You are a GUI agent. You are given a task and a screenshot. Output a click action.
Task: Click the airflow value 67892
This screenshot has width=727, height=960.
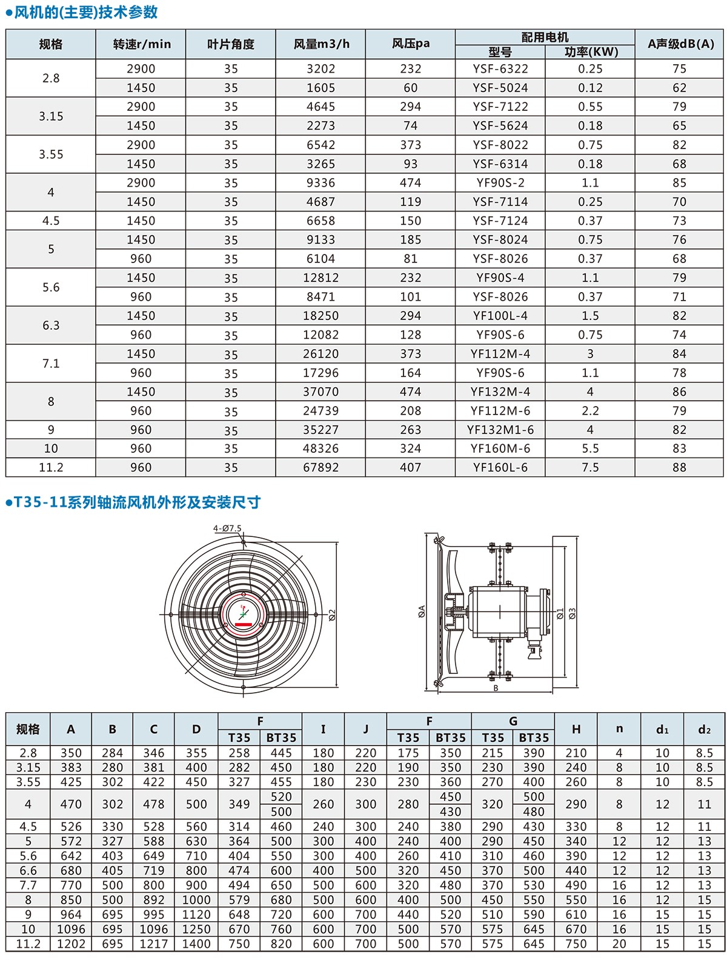coord(320,467)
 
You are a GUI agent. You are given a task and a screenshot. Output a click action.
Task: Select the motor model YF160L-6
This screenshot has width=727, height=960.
coord(500,467)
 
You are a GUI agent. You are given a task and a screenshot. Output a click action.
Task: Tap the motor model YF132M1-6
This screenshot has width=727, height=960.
coord(500,430)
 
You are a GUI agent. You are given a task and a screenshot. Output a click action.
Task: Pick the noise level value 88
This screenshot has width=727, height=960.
coord(679,467)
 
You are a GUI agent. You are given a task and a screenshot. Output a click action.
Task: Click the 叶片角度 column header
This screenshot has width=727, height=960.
coord(231,44)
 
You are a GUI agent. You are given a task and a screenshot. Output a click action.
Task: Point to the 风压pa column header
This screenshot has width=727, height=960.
coord(410,44)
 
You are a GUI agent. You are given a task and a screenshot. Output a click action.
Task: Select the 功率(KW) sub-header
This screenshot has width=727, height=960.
coord(591,52)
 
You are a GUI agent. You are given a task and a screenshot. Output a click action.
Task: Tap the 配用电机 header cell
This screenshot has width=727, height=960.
coord(545,37)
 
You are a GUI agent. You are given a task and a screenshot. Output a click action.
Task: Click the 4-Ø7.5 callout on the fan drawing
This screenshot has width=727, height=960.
coord(227,528)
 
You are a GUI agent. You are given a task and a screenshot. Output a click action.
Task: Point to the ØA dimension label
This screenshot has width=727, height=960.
coord(422,612)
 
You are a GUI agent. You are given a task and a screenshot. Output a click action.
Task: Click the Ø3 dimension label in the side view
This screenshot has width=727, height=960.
coord(572,613)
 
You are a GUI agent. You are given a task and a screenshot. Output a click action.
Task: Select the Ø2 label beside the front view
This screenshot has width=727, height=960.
coord(332,615)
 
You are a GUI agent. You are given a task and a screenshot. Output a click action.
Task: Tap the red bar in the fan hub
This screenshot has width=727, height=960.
coord(244,624)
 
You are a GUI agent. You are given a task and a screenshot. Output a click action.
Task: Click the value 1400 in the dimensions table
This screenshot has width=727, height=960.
coord(196,944)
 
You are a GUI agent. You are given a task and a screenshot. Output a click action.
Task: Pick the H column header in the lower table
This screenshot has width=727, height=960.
coord(576,729)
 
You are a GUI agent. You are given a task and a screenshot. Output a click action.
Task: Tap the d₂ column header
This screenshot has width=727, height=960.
coord(704,730)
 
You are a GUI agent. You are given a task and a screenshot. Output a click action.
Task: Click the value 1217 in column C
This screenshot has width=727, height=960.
coord(154,944)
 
